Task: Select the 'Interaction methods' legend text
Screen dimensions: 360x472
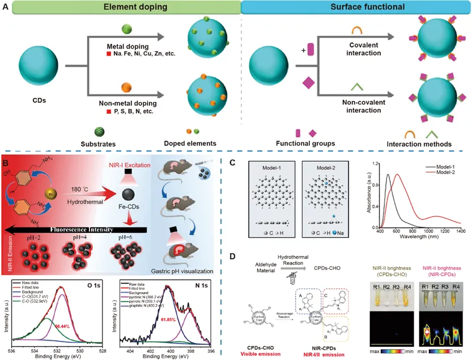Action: (x=422, y=144)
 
